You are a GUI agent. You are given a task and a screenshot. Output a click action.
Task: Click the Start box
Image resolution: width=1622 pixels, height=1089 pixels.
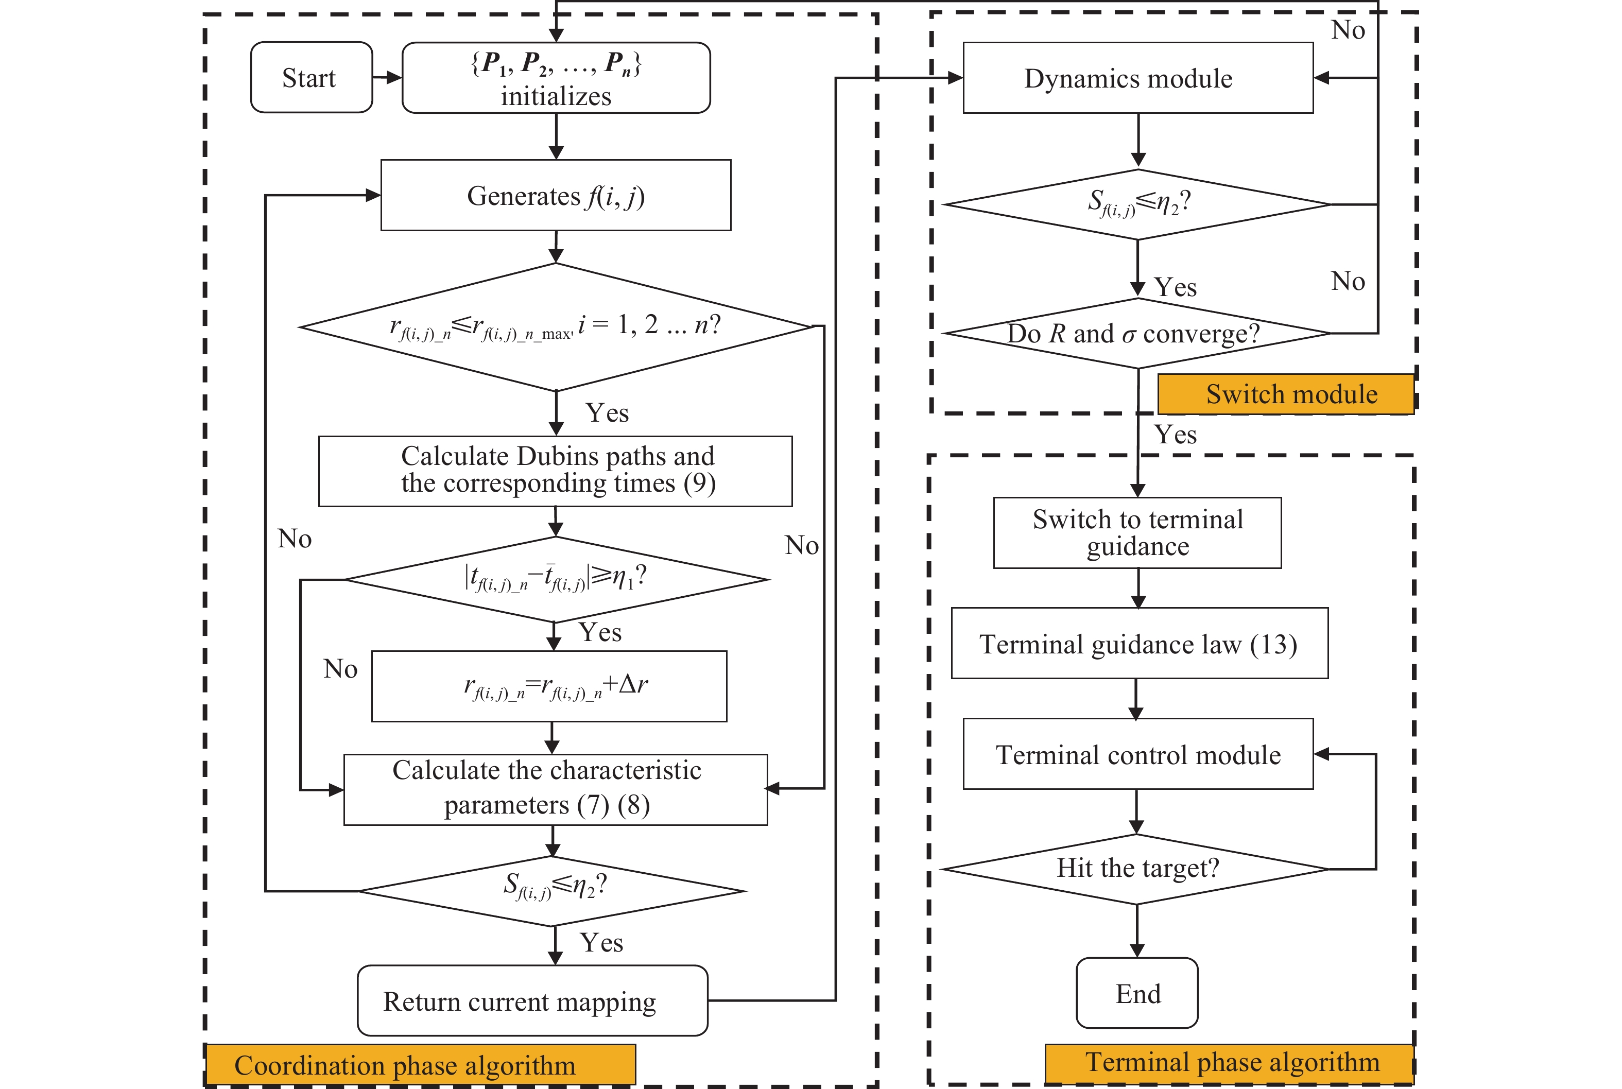coord(311,77)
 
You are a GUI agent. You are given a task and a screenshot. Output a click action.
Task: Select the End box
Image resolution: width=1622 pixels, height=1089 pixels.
coord(1136,993)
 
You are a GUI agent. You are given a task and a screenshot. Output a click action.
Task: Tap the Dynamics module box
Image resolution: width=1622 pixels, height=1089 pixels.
coord(1137,78)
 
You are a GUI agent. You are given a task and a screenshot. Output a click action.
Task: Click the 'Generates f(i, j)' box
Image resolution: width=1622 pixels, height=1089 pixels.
coord(556,195)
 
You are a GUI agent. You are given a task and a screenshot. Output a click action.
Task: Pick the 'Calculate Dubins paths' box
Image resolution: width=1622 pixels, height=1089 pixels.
coord(556,470)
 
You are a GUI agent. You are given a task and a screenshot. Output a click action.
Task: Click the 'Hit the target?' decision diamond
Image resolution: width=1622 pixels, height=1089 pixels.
coord(1136,869)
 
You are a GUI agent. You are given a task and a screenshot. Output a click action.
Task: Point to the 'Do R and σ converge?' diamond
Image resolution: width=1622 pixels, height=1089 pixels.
coord(1136,333)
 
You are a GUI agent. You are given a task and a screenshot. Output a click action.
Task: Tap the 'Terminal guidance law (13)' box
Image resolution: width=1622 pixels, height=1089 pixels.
coord(1138,643)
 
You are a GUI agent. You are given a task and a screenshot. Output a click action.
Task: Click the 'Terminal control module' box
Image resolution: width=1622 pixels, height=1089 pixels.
coord(1137,754)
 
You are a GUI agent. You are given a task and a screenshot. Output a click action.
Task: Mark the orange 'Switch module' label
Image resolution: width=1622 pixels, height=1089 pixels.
coord(1286,394)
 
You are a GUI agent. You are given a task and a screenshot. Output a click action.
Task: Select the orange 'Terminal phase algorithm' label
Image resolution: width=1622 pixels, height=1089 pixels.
coord(1229,1063)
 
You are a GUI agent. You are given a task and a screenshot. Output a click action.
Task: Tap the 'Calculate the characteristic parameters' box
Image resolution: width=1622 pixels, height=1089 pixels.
coord(556,789)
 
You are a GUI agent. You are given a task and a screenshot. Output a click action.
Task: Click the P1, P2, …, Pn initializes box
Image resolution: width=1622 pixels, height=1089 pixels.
coord(556,77)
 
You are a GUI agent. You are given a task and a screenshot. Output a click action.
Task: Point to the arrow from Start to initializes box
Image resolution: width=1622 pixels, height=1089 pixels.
coord(387,77)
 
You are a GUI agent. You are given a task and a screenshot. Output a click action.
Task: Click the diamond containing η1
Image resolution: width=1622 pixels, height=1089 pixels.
coord(556,579)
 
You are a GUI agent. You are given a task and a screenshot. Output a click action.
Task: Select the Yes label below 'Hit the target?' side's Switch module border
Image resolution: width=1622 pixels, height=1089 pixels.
coord(1175,435)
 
